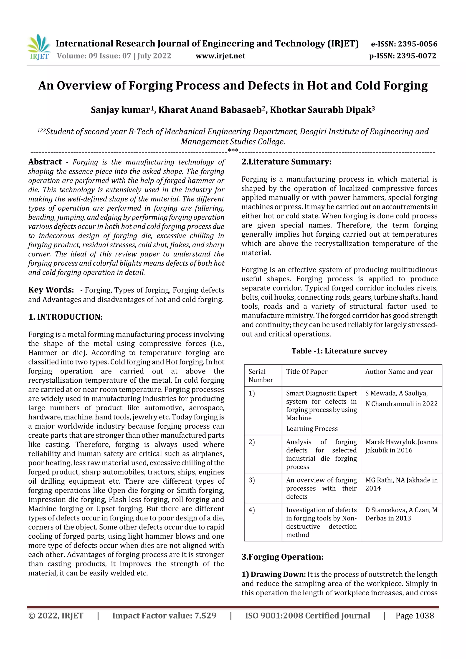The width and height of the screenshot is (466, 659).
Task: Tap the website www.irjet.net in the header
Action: click(220, 56)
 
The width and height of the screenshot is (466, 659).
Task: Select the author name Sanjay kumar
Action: click(121, 110)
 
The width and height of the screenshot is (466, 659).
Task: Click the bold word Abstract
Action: click(45, 162)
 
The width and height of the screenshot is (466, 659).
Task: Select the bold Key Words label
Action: click(51, 290)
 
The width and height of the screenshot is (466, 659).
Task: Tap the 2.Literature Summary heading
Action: click(286, 162)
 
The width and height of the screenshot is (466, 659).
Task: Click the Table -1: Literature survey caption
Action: click(339, 351)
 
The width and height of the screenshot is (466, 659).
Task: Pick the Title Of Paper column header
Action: click(307, 372)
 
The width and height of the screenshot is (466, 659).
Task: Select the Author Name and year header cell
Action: click(399, 372)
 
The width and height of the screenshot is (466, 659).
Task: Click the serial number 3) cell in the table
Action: click(252, 480)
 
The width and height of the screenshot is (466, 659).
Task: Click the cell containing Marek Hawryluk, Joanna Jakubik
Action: click(401, 446)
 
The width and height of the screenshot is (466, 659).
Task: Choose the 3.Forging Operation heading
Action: click(282, 557)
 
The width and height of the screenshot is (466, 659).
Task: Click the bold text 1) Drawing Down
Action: click(273, 574)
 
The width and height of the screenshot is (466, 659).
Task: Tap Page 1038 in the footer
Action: click(414, 616)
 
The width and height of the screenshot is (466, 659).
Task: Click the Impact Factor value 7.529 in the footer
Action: click(164, 616)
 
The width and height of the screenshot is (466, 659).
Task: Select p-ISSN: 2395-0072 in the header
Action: click(403, 56)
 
